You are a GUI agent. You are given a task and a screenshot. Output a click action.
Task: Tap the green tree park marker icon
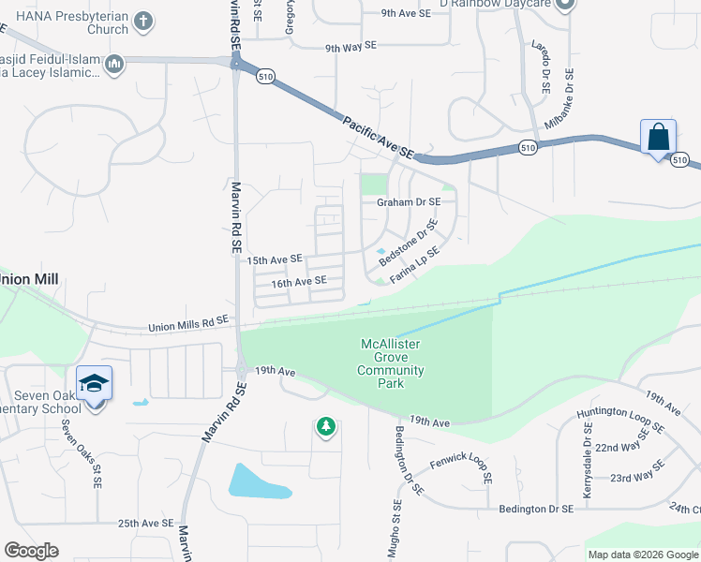(325, 427)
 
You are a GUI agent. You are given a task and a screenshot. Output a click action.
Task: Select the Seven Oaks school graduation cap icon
(94, 383)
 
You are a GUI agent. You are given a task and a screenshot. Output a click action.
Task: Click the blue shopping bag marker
(659, 137)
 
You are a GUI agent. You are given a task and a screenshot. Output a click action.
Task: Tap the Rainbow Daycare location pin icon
(563, 6)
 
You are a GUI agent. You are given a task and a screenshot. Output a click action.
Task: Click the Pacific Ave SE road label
(378, 136)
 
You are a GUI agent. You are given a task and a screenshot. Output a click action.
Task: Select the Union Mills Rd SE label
(188, 323)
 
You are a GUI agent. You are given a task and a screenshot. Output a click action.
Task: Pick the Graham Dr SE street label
(408, 201)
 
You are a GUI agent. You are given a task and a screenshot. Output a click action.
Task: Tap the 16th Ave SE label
(298, 281)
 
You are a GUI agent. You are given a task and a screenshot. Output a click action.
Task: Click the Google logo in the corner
(31, 551)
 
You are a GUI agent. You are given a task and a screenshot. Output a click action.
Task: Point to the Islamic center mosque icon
(114, 65)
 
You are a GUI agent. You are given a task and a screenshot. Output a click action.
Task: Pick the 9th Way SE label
(350, 46)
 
